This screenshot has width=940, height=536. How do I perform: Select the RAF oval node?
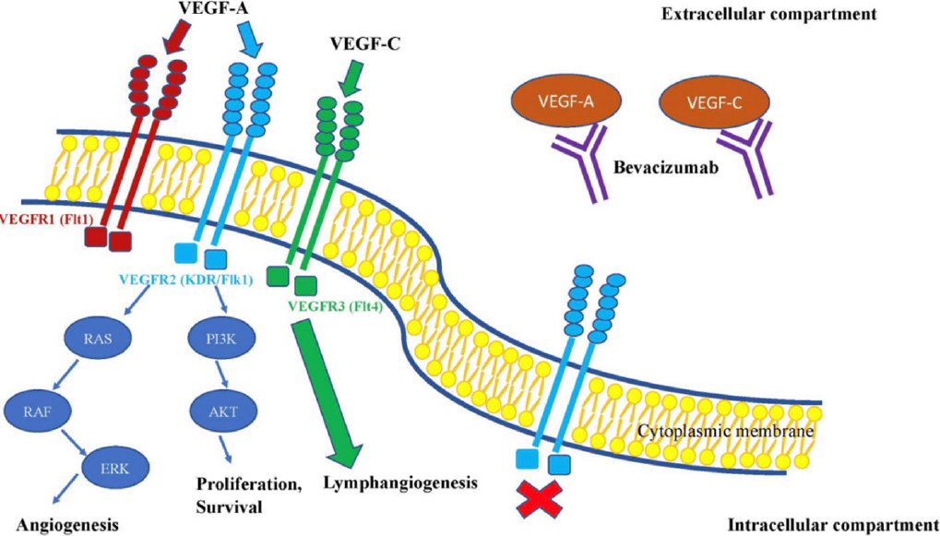click(x=34, y=411)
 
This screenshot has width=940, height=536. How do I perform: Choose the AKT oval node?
click(x=220, y=411)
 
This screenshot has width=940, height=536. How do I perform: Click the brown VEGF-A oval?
click(x=557, y=102)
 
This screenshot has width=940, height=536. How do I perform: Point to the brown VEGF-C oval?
click(x=708, y=102)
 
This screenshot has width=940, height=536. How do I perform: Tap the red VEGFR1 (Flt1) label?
click(x=47, y=220)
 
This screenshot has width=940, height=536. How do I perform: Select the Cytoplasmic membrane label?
click(x=727, y=431)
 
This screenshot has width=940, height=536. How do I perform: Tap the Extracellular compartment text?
click(x=767, y=13)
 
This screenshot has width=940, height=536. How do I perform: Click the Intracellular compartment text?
click(x=834, y=524)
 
